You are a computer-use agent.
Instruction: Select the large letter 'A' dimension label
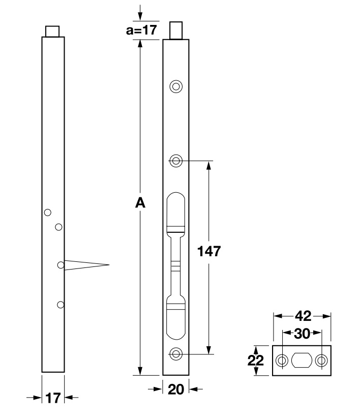(140, 203)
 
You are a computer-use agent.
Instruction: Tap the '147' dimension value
(209, 252)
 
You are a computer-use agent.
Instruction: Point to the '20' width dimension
(175, 389)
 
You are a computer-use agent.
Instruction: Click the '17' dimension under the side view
(53, 398)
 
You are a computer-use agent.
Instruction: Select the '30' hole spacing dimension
(303, 334)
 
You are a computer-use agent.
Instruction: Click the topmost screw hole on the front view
(176, 86)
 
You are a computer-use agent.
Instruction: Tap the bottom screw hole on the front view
(176, 354)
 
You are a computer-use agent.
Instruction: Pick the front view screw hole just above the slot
(176, 161)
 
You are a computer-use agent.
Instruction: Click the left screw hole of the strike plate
(281, 361)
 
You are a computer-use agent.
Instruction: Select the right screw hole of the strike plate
(321, 361)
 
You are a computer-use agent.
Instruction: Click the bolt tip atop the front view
(176, 31)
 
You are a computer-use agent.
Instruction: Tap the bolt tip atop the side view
(53, 31)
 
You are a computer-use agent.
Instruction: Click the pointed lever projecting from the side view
(86, 264)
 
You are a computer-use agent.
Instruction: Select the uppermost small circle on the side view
(47, 212)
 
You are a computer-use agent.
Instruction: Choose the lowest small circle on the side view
(61, 305)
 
